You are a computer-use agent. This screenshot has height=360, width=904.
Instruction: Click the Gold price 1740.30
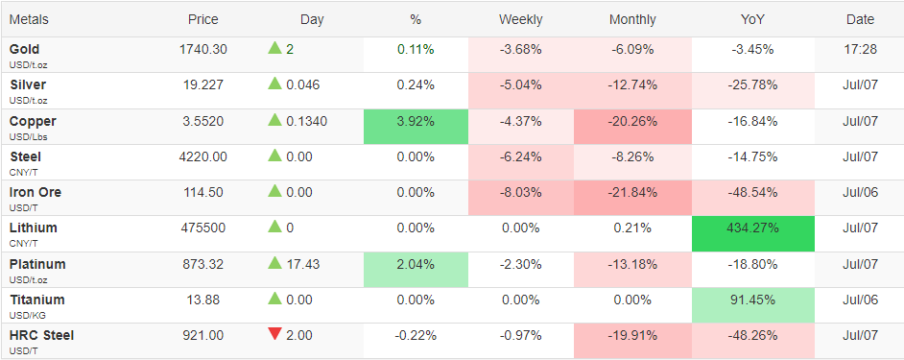tap(202, 50)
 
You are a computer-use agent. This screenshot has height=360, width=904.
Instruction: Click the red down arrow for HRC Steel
tap(274, 334)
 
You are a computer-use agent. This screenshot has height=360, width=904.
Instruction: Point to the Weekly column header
tap(520, 19)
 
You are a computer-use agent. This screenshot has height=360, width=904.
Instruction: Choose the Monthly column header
tap(632, 19)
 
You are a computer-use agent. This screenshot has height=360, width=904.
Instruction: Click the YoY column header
tap(752, 19)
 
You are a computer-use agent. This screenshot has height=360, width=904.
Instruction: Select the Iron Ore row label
tap(36, 192)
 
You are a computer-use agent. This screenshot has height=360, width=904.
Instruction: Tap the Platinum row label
tap(37, 264)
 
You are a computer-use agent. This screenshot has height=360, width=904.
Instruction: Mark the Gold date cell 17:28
tap(860, 50)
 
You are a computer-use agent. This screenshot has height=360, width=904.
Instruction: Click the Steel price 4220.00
tap(202, 156)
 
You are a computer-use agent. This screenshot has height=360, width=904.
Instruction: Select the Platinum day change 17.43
tap(302, 264)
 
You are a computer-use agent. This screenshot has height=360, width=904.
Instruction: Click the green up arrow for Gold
tap(274, 48)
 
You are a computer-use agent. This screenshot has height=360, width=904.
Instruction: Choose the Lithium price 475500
tap(202, 228)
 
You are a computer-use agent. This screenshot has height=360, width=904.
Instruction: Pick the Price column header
tap(202, 19)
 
